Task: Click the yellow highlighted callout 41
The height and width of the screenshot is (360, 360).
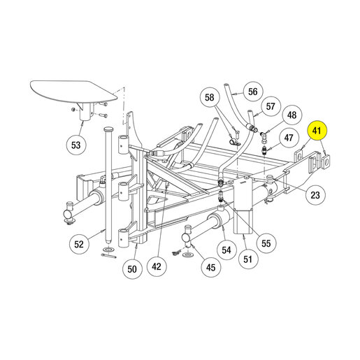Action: coord(317,131)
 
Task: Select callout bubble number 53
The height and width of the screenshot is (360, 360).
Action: coord(76,145)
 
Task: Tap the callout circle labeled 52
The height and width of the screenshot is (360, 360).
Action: coord(79,244)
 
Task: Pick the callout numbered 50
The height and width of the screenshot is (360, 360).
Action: coord(132,269)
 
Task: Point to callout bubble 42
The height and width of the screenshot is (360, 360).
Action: coord(157,266)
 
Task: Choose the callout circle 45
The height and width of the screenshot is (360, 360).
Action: coord(211,267)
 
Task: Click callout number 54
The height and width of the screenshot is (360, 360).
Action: coord(226,250)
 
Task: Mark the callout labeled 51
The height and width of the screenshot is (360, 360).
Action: coord(248,259)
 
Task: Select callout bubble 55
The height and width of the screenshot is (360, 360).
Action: coord(266,243)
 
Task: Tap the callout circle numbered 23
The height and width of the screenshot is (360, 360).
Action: coord(315,195)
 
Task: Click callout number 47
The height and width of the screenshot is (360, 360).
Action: coord(289,138)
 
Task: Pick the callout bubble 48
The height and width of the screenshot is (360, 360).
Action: coord(292,115)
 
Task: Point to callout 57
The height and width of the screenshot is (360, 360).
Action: coord(271,106)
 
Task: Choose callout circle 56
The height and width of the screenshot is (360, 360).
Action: coord(253,92)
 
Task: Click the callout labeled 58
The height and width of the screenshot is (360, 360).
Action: coord(210,97)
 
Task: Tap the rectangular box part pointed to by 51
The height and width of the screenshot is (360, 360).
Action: coord(243,205)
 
